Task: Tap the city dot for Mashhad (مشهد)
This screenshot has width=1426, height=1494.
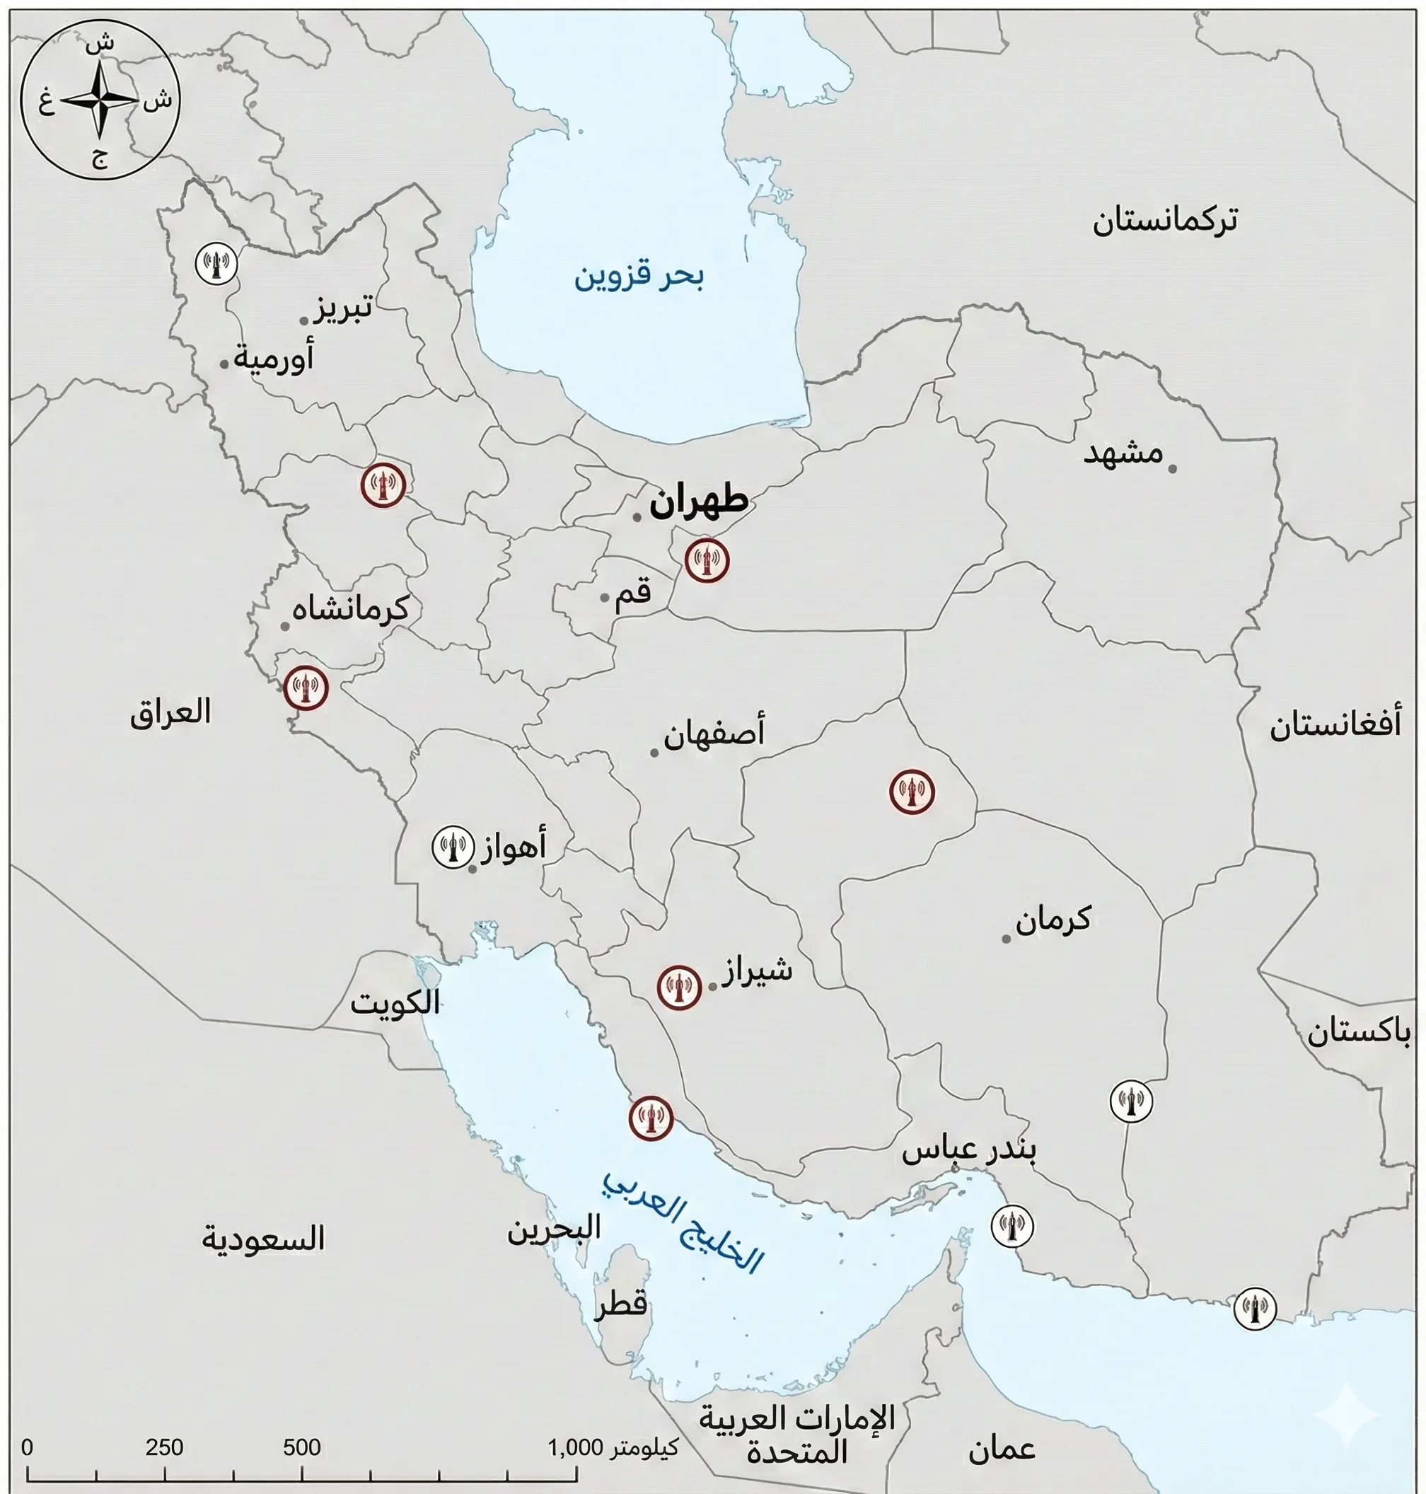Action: [x=1172, y=468]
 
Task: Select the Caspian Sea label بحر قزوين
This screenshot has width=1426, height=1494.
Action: [x=639, y=277]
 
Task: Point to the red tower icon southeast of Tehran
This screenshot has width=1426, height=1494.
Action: [x=707, y=561]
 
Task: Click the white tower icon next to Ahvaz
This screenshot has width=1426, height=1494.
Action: [x=453, y=847]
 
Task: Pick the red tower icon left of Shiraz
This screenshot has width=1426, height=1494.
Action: [x=679, y=987]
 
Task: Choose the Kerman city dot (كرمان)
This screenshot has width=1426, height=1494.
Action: [x=1007, y=939]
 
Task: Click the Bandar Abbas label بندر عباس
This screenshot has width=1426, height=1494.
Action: [x=968, y=1150]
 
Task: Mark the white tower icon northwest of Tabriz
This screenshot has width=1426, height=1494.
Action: [x=216, y=264]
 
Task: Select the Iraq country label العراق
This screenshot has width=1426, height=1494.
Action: [x=170, y=713]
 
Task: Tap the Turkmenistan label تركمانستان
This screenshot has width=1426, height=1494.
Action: [x=1164, y=221]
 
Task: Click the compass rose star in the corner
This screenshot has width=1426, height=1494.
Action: [x=100, y=100]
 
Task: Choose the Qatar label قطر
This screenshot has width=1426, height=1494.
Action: [x=621, y=1303]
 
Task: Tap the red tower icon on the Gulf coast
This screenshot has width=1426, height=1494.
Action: [x=651, y=1118]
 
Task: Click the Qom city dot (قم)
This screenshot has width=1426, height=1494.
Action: [x=604, y=598]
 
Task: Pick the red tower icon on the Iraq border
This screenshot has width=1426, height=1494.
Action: [x=306, y=689]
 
